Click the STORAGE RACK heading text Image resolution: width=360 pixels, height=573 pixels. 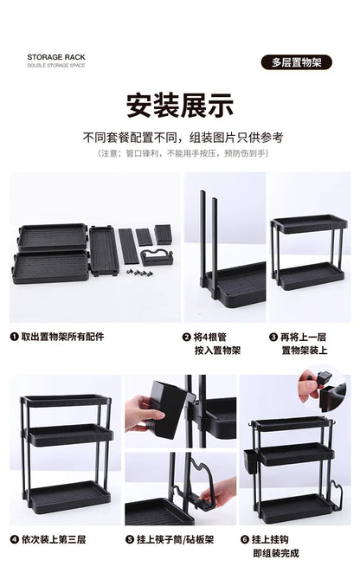coord(56,57)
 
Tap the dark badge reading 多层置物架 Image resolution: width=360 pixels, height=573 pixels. coord(297,62)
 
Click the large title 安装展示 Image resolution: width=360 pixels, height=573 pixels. coord(180,106)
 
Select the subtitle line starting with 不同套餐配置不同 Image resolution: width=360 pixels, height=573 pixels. coord(183,138)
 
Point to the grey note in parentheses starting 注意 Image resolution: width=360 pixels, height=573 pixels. coord(183,153)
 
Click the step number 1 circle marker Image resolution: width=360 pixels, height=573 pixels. coord(14,337)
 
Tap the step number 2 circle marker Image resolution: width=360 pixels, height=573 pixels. coord(186,337)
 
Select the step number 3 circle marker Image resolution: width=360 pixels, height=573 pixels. coord(273,337)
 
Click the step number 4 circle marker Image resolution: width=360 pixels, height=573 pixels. coord(14,539)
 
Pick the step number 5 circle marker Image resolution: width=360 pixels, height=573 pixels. coord(130,539)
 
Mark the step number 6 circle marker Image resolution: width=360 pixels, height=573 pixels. coord(245,539)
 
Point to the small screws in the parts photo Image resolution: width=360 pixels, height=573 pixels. coord(139,273)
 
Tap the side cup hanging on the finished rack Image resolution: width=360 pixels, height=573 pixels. coord(250,461)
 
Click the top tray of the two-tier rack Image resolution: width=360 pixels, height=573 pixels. coord(309,223)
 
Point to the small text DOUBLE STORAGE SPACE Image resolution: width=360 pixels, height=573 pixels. coord(56,66)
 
